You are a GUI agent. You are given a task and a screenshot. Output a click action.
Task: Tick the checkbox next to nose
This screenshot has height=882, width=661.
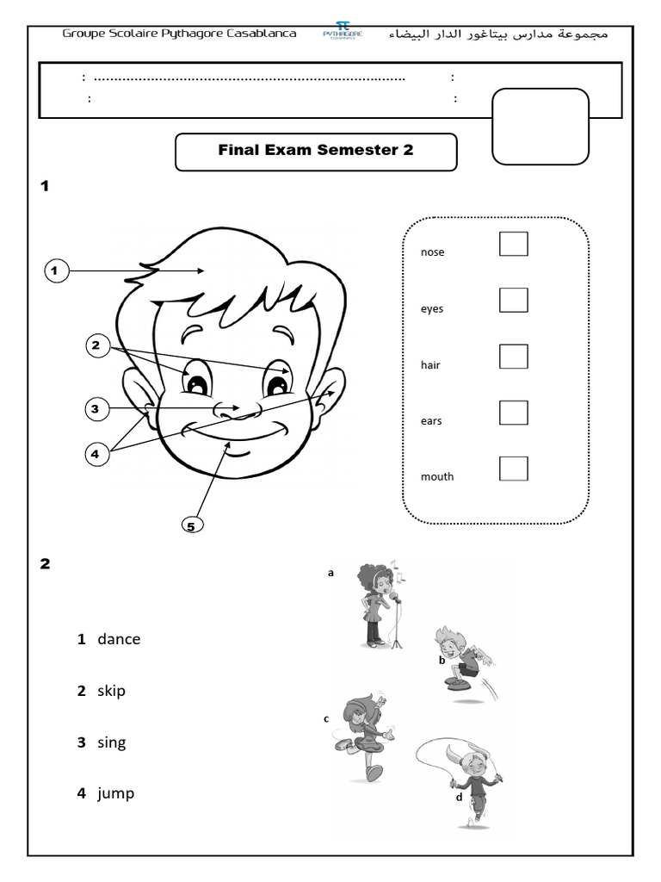(x=514, y=244)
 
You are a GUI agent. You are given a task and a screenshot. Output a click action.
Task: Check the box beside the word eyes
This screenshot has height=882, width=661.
(x=514, y=300)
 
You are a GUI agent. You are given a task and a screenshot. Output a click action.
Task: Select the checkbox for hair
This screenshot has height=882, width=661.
(x=514, y=356)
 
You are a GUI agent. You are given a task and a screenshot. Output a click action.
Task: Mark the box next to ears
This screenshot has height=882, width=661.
(x=514, y=413)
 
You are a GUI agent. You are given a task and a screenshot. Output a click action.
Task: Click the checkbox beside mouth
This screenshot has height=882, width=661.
(x=514, y=469)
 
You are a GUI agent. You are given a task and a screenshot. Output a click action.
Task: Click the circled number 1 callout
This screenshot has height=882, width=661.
(x=55, y=271)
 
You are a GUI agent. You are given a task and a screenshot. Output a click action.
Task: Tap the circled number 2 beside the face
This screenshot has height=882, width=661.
(x=97, y=346)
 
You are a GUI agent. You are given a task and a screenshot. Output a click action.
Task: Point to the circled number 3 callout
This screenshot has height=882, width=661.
(x=97, y=408)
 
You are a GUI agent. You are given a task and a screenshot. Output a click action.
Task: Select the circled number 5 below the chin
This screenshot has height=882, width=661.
(x=194, y=524)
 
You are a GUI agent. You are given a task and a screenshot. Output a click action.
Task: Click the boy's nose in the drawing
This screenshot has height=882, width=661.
(x=232, y=410)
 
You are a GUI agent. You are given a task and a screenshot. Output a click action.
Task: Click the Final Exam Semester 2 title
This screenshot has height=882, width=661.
(x=316, y=150)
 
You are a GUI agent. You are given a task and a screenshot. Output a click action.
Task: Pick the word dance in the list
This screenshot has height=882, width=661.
(x=119, y=639)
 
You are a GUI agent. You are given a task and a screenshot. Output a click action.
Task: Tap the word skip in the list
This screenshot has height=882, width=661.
(x=111, y=691)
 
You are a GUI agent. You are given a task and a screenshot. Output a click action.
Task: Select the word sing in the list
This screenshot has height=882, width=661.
(x=111, y=742)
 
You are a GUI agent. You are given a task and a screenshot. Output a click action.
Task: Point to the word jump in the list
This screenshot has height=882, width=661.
(x=116, y=793)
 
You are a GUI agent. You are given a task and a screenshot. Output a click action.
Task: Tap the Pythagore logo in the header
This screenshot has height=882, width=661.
(x=342, y=32)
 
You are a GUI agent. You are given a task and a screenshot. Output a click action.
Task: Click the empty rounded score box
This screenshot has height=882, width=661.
(x=540, y=126)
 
